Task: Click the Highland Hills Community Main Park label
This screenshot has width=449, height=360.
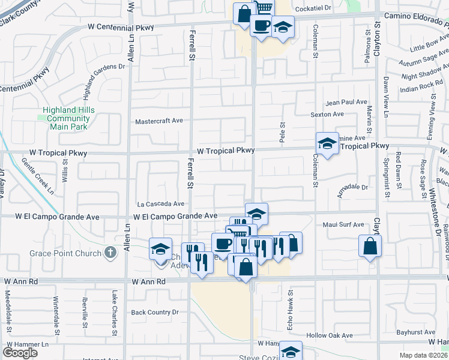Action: coord(68,118)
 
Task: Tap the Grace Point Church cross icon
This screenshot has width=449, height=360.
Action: coord(110,253)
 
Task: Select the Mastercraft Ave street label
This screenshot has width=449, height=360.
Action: coord(158,121)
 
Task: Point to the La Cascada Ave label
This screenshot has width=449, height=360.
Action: coord(160,204)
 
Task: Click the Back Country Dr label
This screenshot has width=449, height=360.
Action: coord(155,312)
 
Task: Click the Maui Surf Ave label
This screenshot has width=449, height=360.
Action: coord(343,225)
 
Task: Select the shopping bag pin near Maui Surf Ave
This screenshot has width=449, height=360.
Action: coord(370,246)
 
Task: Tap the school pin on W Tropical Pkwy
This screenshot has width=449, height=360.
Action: coord(327,144)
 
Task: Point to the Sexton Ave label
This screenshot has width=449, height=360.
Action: coord(327,114)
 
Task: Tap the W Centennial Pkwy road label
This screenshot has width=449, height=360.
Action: coord(121,27)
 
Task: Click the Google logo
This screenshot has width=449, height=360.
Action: coord(20,353)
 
